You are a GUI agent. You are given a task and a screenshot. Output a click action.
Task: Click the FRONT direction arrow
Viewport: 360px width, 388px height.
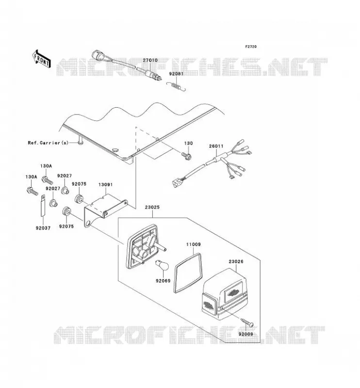[x=42, y=59]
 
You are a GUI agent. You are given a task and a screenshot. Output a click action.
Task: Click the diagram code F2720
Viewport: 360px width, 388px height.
[x=251, y=47]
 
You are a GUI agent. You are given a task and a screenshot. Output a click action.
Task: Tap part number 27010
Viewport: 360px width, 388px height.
[x=150, y=60]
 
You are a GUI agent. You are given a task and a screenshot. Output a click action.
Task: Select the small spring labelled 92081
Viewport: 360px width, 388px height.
[x=176, y=87]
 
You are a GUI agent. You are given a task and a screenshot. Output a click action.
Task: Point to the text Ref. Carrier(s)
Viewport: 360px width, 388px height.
[x=48, y=143]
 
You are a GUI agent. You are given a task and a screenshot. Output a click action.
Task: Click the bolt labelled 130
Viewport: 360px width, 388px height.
[x=186, y=156]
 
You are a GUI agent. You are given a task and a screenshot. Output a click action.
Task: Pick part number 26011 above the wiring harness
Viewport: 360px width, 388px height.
[x=216, y=146]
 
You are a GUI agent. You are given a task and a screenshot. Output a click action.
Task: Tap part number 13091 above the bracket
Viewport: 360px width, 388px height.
[x=105, y=185]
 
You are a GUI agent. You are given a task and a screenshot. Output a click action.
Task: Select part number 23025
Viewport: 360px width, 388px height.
[x=152, y=208]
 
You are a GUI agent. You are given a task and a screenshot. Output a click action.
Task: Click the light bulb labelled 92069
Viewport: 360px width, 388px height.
[x=163, y=265]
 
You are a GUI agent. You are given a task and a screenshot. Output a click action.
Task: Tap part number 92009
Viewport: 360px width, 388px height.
[x=245, y=334]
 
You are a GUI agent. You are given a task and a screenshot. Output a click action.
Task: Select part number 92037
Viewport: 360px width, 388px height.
[x=43, y=228]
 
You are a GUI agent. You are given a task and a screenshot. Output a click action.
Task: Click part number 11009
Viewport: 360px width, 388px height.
[x=194, y=244]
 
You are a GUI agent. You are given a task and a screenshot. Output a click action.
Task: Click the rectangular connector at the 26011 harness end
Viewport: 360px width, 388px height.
[x=176, y=183]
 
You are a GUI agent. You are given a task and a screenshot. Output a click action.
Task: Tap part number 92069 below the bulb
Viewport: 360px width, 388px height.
[x=163, y=281]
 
